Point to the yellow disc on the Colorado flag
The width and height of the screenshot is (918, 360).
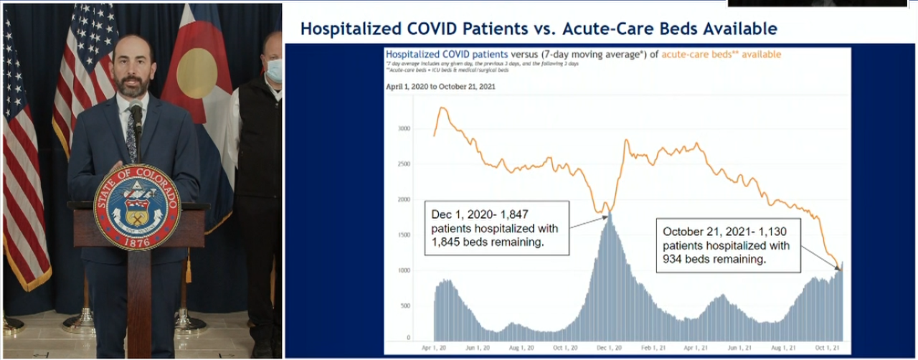coord(196,72)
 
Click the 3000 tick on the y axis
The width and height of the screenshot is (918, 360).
coord(404,129)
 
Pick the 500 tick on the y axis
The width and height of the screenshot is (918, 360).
coord(406,305)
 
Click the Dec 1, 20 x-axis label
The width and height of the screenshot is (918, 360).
coord(608,347)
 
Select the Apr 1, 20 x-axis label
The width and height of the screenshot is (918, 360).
coord(435,347)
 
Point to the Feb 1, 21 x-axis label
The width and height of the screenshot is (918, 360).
coord(652,347)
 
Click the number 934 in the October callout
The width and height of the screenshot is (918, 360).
coord(673,260)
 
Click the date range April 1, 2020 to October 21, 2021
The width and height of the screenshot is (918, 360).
coord(440,87)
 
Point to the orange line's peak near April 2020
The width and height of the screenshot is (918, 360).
coord(443,108)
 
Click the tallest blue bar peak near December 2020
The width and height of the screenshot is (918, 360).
coord(610,214)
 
